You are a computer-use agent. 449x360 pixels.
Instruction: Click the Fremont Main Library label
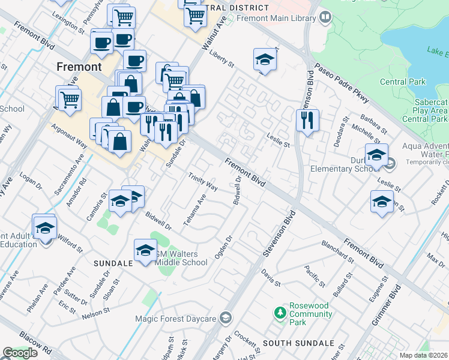pyautogui.click(x=276, y=18)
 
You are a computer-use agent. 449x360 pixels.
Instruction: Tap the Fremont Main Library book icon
pyautogui.click(x=325, y=17)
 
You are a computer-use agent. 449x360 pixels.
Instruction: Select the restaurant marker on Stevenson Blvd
pyautogui.click(x=307, y=120)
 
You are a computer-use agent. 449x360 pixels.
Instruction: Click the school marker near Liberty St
pyautogui.click(x=265, y=59)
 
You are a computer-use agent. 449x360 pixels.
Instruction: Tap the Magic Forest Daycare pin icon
pyautogui.click(x=226, y=317)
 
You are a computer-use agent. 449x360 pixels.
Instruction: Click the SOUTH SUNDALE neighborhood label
pyautogui.click(x=298, y=343)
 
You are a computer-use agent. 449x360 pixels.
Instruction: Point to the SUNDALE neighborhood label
pyautogui.click(x=113, y=263)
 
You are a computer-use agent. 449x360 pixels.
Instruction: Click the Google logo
pyautogui.click(x=20, y=353)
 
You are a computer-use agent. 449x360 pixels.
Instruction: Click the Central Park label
pyautogui.click(x=403, y=82)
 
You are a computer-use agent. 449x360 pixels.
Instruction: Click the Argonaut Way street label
pyautogui.click(x=70, y=134)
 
